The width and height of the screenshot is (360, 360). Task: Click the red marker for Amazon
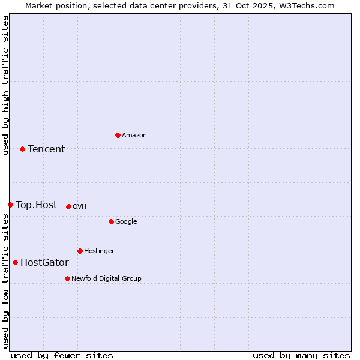(x=118, y=135)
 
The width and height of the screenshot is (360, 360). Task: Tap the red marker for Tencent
(x=22, y=149)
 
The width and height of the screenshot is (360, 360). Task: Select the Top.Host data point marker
(x=10, y=205)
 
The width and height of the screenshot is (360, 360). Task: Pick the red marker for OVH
(x=68, y=206)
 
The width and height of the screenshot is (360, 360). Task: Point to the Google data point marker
(x=111, y=221)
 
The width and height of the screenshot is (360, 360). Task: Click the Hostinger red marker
(x=80, y=251)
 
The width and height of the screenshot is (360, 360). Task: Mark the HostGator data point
(x=15, y=262)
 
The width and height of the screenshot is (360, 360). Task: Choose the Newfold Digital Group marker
(x=67, y=278)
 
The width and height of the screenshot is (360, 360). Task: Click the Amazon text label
(x=134, y=136)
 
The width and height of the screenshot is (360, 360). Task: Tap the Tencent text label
(x=46, y=149)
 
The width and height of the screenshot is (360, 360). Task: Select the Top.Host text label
(x=37, y=205)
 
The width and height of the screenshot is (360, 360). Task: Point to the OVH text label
(x=80, y=207)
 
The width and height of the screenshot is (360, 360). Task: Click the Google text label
(x=126, y=222)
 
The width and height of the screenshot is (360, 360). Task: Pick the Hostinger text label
(x=99, y=251)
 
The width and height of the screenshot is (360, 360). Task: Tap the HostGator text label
(x=44, y=263)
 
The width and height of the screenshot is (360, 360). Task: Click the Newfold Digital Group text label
(x=106, y=279)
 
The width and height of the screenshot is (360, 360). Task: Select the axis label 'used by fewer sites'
(x=62, y=355)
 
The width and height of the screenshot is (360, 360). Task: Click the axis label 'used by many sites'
(x=301, y=355)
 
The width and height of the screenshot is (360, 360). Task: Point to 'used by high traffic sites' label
(x=5, y=86)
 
